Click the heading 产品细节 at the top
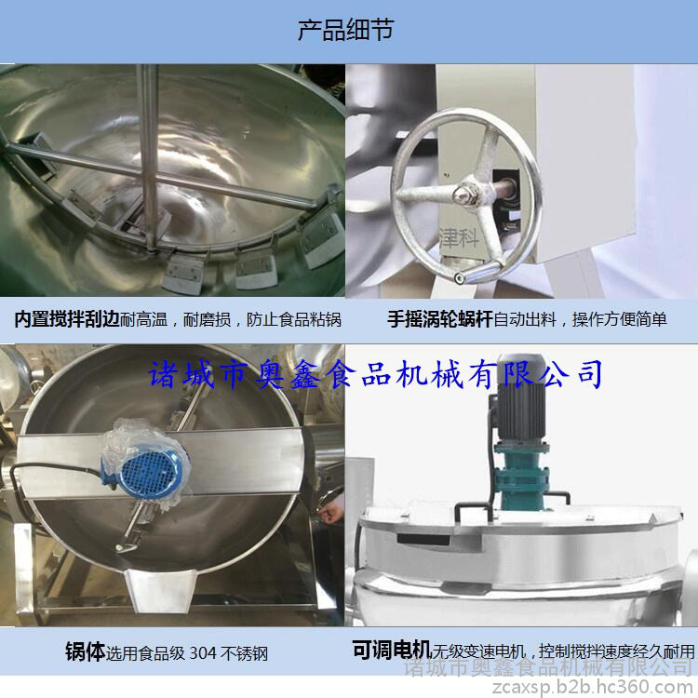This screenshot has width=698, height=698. [345, 31]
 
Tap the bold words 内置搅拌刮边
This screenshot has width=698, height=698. [67, 319]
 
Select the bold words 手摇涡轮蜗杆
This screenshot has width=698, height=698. [440, 319]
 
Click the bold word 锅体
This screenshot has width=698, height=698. [85, 651]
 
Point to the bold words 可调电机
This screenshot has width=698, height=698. [392, 650]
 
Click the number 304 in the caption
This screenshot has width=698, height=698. [203, 653]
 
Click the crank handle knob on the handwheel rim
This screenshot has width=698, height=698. [459, 277]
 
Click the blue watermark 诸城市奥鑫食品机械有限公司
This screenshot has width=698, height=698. [375, 375]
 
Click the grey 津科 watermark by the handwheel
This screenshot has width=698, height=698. [459, 238]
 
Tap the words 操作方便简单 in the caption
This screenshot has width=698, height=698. [620, 319]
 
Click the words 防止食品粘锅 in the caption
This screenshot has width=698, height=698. [294, 319]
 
